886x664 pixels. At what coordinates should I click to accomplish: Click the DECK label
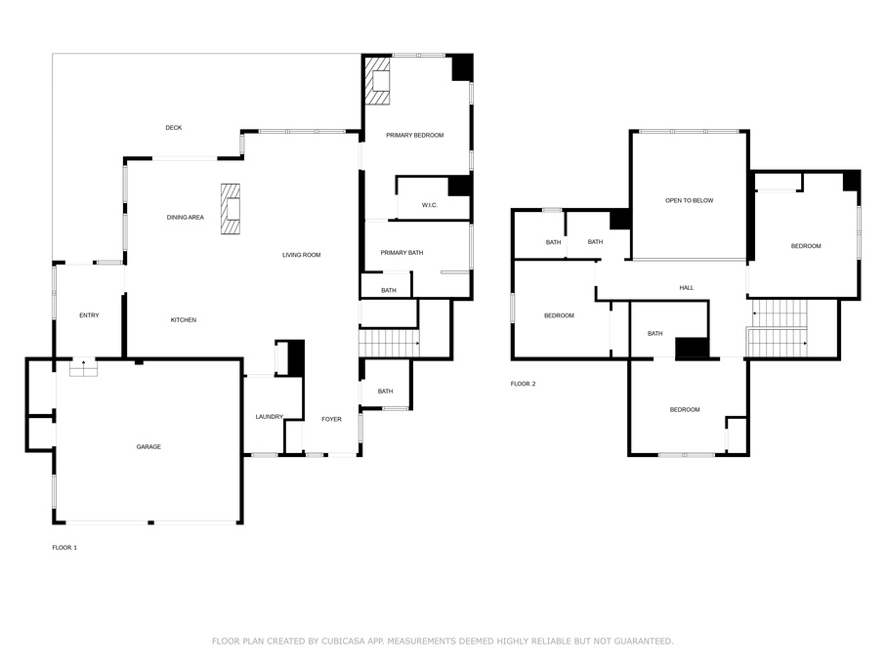coord(173,128)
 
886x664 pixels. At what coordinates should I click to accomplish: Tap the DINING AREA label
coord(185,218)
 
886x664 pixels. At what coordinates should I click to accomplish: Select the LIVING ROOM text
coord(301,255)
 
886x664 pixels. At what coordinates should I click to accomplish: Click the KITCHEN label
coord(184,320)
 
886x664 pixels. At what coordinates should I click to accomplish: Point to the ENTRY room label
coord(89,315)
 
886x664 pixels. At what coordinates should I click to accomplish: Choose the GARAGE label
coord(148,446)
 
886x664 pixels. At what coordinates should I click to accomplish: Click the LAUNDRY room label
coord(269,417)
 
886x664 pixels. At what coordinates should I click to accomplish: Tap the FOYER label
coord(332,419)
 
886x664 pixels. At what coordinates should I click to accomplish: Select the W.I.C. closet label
coord(430,205)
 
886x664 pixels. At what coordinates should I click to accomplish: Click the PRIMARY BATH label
coord(401,253)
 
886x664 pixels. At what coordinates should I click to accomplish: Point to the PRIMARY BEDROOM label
coord(414,135)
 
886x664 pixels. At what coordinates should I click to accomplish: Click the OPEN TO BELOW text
coord(689,200)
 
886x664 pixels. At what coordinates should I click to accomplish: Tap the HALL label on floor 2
coord(687,288)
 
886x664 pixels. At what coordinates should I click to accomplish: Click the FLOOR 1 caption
coord(64,548)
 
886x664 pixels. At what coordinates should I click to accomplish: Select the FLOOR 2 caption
coord(524,384)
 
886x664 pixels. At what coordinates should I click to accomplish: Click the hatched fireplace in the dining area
coord(230,209)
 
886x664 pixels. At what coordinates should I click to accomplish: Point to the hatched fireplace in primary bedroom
coord(377,81)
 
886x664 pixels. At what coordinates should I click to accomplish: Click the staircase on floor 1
coord(389,344)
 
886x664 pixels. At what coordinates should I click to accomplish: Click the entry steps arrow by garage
coord(83,366)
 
